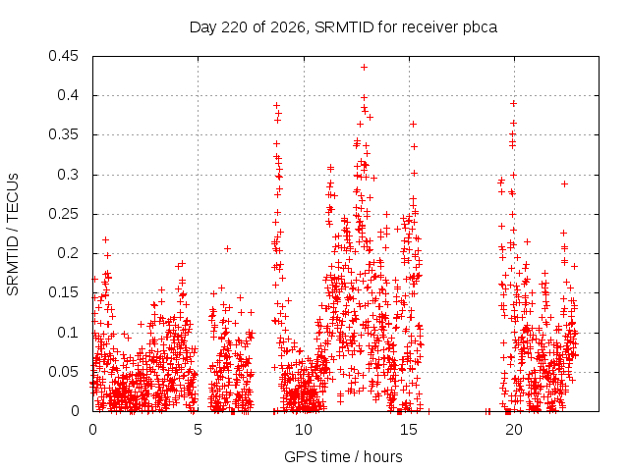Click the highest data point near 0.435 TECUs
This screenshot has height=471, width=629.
pos(364,68)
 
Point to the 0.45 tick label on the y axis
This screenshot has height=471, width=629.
pos(63,56)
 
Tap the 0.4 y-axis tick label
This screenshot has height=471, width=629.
pos(68,95)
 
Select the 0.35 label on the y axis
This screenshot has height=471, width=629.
pos(63,134)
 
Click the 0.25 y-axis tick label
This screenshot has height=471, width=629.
pos(63,214)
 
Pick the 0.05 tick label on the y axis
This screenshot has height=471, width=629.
pos(63,372)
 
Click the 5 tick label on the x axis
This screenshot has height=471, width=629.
pos(198,430)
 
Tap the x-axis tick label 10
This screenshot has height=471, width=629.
pos(304,430)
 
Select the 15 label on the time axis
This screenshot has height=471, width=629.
pos(409,430)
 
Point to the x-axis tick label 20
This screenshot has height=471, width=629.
pos(514,430)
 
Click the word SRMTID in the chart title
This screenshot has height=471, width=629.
pos(344,27)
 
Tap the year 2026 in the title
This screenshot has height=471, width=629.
pos(288,27)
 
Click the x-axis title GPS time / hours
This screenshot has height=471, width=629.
pos(343,457)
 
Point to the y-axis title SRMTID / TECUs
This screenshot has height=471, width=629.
pos(13,235)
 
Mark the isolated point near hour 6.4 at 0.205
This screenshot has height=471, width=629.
pos(227,248)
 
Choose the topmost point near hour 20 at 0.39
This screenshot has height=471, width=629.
pos(513,104)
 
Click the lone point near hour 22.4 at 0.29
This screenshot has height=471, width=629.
pos(564,184)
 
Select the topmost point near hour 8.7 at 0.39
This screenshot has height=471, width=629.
pos(276,106)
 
